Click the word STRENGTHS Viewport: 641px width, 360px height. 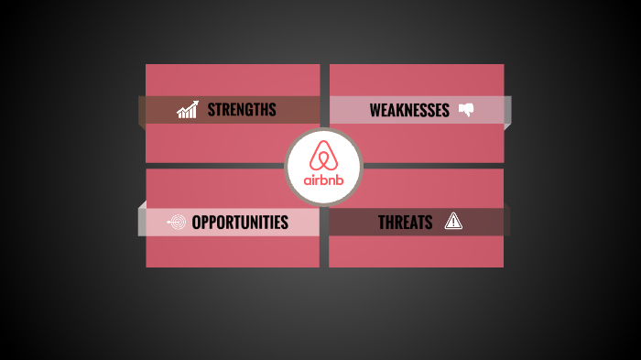[241, 110]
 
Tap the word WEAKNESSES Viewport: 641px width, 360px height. [409, 111]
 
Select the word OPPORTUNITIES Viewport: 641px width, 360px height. [240, 222]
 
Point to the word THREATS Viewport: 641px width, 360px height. [405, 222]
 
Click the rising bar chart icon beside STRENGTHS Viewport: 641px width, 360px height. [188, 110]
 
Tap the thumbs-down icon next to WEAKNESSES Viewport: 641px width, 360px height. [466, 110]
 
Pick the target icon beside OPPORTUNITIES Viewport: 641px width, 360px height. [176, 222]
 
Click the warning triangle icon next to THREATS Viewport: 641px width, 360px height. [453, 221]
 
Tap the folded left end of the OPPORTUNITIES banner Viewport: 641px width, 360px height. [142, 219]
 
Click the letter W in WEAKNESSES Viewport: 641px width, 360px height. [375, 111]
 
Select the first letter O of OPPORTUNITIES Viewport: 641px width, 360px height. [196, 222]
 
